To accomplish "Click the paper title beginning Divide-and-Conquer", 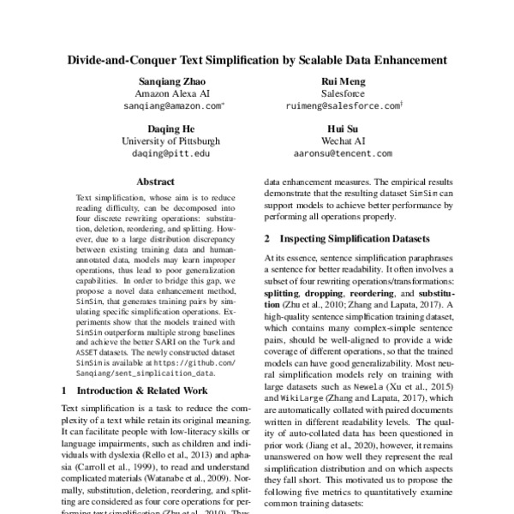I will pos(257,61).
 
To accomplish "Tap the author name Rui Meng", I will pos(343,80).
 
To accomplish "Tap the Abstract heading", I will pos(156,182).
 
